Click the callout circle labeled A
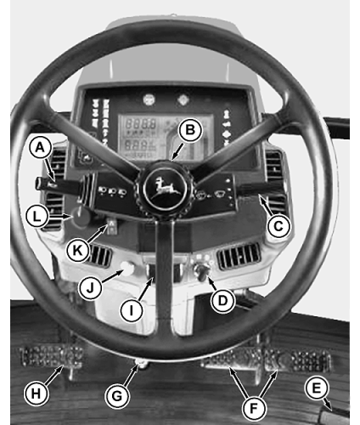pos(41,148)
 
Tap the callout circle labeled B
pos(190,130)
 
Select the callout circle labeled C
pos(278,226)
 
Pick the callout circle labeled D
pos(223,300)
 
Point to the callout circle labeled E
pos(316,388)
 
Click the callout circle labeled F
pos(254,408)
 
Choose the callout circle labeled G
pos(117,396)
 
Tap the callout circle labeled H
pos(36,394)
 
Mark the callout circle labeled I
pos(131,311)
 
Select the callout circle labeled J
pos(90,288)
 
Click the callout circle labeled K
pos(77,250)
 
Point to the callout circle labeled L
pos(37,217)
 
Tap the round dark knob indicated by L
pos(81,218)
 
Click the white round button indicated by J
pos(127,269)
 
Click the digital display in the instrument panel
pos(166,137)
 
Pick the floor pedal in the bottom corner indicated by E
pos(335,416)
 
